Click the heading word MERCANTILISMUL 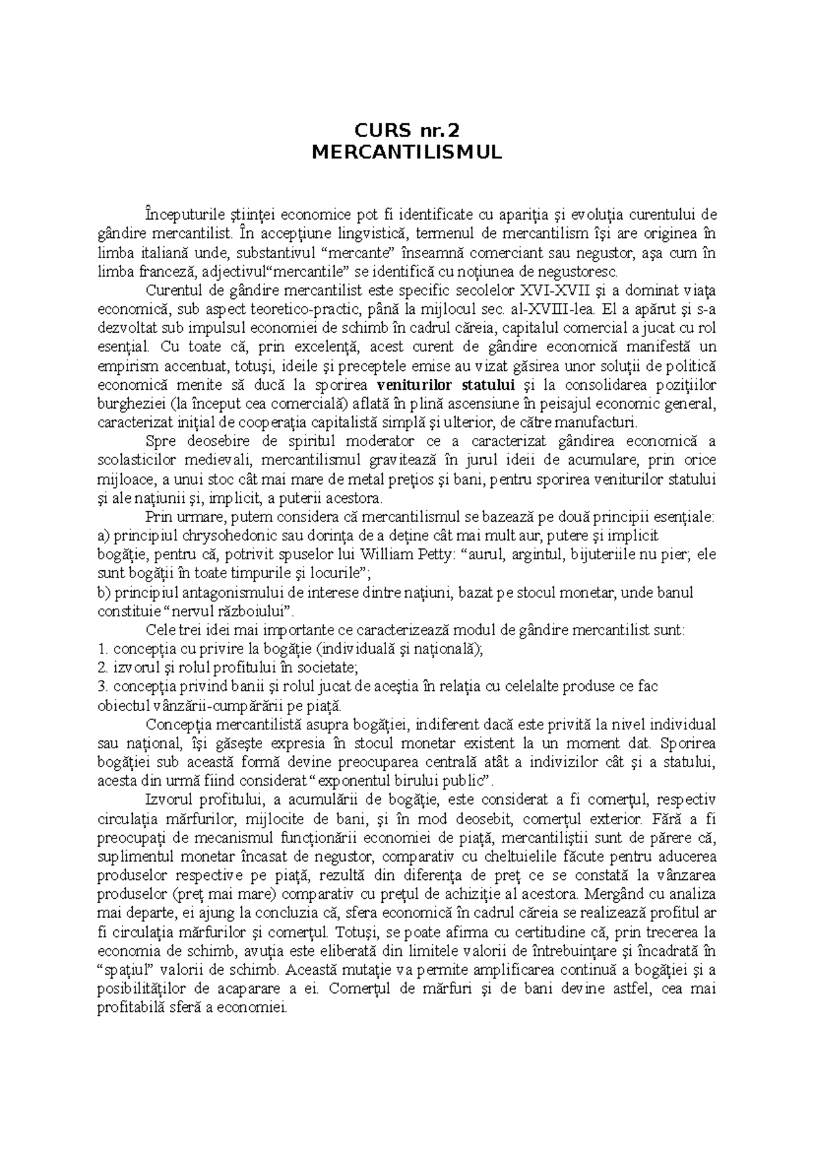[x=406, y=153]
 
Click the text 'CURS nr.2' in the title [x=406, y=129]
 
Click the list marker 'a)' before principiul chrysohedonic [x=104, y=536]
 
